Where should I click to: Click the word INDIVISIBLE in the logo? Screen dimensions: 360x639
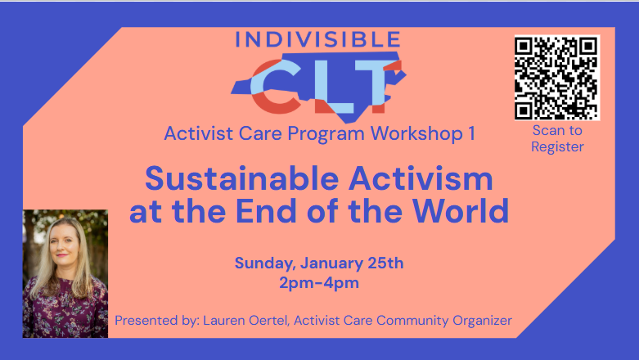[x=318, y=38]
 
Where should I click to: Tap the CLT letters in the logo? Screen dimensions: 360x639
[x=318, y=86]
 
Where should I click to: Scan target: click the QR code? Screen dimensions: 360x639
[x=556, y=77]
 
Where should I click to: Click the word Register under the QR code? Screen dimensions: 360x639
[x=557, y=147]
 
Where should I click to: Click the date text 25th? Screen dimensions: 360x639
[x=383, y=263]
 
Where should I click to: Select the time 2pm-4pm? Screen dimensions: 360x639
[x=319, y=284]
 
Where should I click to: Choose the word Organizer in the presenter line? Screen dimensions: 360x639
[x=479, y=321]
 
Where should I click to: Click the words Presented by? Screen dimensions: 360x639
[x=155, y=321]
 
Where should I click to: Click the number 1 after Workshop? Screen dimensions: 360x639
[x=471, y=133]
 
